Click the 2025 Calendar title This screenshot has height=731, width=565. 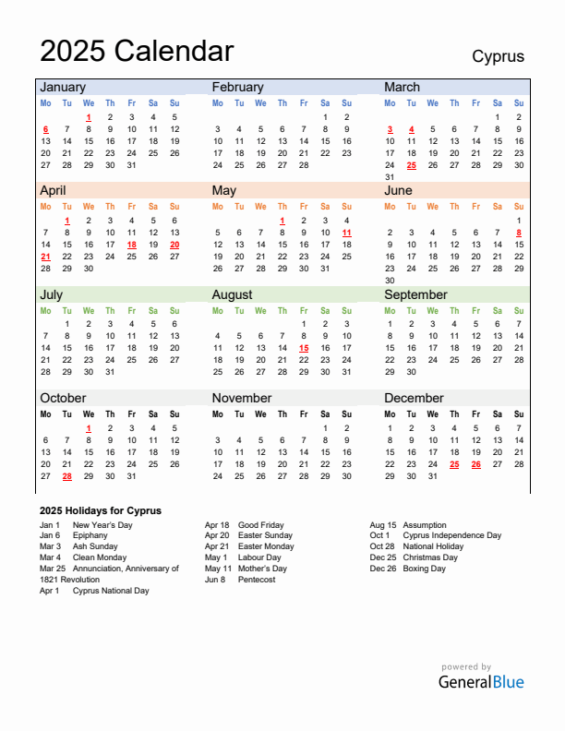[137, 51]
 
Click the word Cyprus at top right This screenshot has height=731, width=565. [498, 56]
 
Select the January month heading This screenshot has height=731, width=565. [63, 87]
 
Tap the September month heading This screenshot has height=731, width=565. [415, 294]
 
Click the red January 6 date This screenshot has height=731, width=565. [45, 129]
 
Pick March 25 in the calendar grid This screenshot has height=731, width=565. [411, 165]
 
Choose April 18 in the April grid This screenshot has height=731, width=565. [131, 245]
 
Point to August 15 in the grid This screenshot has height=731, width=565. [304, 348]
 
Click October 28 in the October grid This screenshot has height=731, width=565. [66, 476]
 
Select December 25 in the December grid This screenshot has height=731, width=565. [454, 464]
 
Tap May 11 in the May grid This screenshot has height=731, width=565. [346, 233]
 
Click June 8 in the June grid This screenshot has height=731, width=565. [519, 233]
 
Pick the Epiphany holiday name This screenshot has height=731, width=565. [90, 535]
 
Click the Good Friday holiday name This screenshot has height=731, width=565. [261, 524]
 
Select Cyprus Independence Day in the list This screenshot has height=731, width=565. [452, 535]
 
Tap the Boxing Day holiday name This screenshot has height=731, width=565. [425, 569]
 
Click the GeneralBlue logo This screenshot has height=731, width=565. [480, 682]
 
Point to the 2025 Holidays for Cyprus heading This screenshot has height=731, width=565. [101, 510]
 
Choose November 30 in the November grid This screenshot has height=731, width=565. [346, 476]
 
